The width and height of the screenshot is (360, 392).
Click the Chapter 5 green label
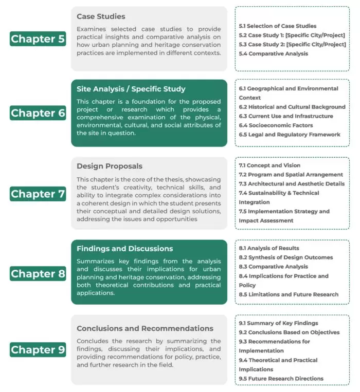click(38, 39)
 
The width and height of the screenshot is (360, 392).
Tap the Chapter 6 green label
click(38, 113)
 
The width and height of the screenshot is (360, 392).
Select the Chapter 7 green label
click(38, 194)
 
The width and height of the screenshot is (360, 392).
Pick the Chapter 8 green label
click(38, 273)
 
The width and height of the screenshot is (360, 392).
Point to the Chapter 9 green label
click(38, 350)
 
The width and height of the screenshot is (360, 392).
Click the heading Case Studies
click(101, 16)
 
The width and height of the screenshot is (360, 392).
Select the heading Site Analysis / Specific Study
click(131, 89)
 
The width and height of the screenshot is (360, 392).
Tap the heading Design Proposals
click(110, 166)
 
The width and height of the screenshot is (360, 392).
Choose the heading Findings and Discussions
click(124, 249)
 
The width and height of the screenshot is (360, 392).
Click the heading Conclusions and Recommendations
click(145, 328)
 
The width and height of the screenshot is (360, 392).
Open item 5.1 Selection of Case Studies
click(277, 26)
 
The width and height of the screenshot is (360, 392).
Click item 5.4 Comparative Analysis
click(273, 53)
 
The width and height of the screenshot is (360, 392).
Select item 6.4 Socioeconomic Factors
click(276, 125)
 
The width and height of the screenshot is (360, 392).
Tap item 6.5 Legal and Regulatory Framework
click(290, 135)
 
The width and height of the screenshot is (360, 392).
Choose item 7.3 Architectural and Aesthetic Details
click(292, 184)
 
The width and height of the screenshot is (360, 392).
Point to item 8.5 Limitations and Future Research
click(289, 294)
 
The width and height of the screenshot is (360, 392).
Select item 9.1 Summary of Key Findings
click(278, 323)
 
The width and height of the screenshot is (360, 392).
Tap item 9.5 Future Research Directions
click(281, 379)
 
